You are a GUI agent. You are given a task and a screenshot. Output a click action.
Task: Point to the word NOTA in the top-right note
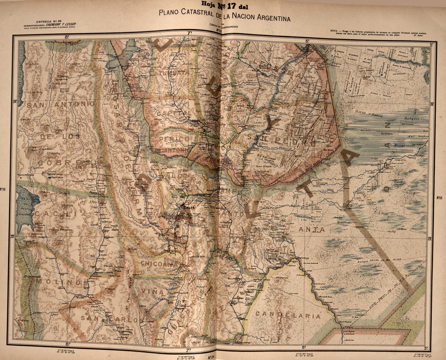335,30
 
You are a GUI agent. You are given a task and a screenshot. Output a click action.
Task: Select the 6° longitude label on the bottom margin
304,347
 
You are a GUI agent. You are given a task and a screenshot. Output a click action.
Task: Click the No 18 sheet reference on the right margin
439,198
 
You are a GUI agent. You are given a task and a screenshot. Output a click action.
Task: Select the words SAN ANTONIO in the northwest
61,104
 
